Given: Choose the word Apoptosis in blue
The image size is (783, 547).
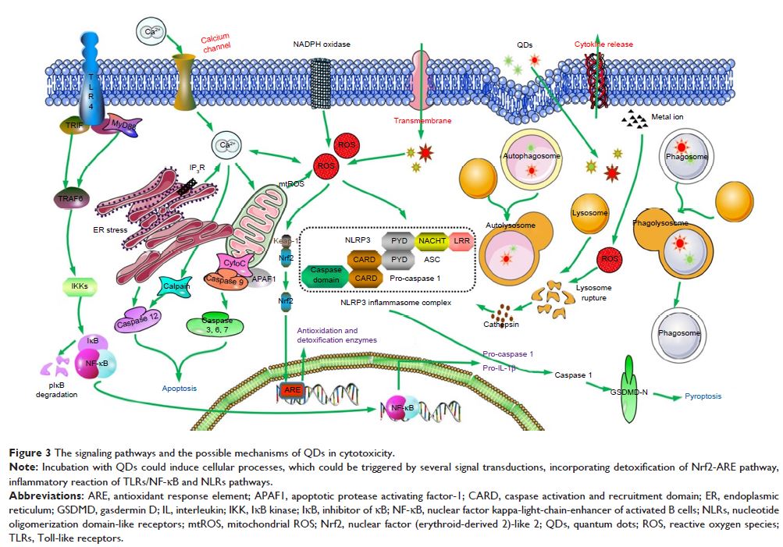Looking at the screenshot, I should pyautogui.click(x=179, y=388).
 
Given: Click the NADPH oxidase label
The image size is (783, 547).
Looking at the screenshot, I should pyautogui.click(x=316, y=44).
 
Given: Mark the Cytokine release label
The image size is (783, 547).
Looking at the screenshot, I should pyautogui.click(x=603, y=44).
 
